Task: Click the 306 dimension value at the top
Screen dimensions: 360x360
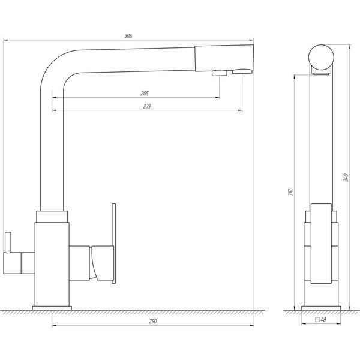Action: (128, 36)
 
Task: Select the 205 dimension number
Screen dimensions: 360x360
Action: (145, 94)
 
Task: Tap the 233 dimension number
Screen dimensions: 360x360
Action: (147, 106)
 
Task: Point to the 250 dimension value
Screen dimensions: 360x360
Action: (152, 322)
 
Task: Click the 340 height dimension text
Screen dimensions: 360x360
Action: (346, 178)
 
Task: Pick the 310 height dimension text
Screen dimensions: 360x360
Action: (290, 192)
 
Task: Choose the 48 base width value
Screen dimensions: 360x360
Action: (323, 319)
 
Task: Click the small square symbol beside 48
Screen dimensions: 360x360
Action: (317, 320)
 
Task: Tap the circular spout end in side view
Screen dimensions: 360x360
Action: (321, 57)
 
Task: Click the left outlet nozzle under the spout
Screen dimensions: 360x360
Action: (219, 73)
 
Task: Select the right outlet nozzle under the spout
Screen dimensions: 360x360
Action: (242, 71)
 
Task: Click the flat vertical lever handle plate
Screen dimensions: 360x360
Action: (113, 244)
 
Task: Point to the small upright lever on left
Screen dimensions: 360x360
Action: (8, 242)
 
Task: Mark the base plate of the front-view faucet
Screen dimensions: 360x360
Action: (52, 308)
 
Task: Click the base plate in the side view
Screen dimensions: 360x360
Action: (321, 308)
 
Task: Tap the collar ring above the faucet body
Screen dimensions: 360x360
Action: (52, 217)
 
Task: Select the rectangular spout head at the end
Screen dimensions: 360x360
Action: (224, 58)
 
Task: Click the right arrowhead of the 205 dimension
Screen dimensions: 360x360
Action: (218, 97)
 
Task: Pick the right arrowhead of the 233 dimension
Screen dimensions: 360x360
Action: (240, 110)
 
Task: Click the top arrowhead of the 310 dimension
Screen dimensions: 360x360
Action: (294, 77)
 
